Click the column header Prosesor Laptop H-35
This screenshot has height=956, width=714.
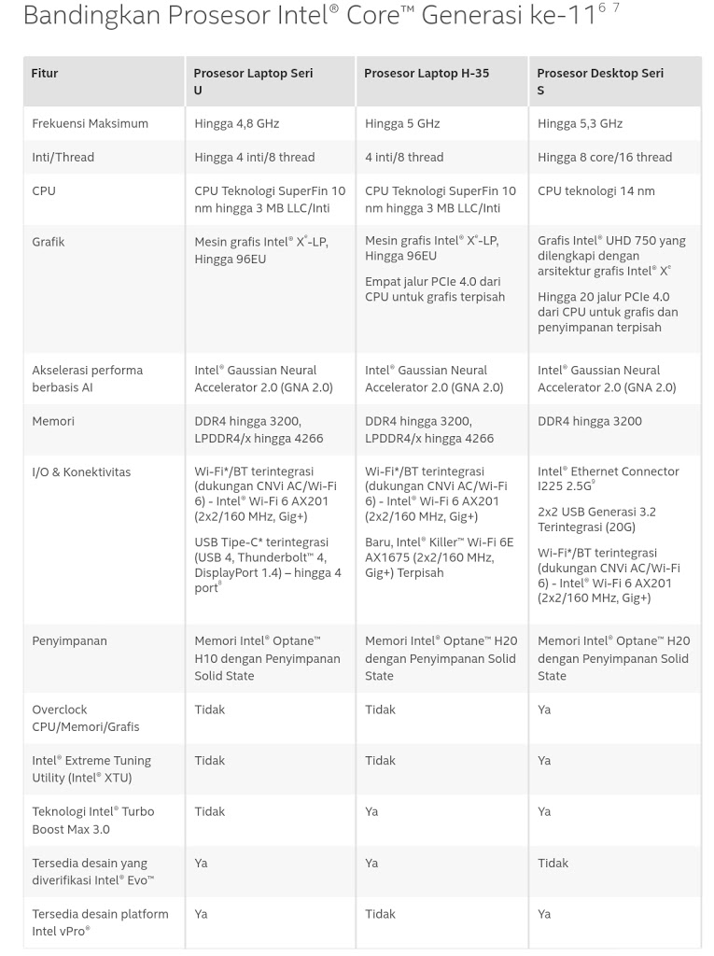tap(427, 73)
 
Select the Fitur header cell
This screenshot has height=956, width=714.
tap(45, 73)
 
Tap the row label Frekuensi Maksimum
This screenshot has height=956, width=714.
tap(90, 123)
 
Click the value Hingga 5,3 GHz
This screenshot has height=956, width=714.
tap(580, 123)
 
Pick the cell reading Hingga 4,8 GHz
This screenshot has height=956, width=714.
tap(236, 123)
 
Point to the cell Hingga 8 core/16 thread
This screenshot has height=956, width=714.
tap(605, 157)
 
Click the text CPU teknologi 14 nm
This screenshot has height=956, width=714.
tap(596, 190)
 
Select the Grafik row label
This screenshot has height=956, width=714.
tap(49, 242)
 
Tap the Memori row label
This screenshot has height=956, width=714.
tap(53, 421)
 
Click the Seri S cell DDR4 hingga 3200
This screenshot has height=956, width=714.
tap(590, 421)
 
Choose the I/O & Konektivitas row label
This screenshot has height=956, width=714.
tap(82, 472)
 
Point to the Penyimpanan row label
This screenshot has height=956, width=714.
tap(69, 641)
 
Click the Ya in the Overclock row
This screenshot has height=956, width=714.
tap(544, 710)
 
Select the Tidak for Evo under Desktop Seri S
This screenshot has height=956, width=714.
tap(553, 863)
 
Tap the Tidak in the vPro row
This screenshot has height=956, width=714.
tap(380, 914)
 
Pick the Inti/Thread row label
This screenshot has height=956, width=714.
tap(63, 157)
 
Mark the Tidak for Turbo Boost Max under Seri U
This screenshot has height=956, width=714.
tap(209, 811)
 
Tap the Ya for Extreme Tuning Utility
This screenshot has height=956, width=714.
tap(544, 761)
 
